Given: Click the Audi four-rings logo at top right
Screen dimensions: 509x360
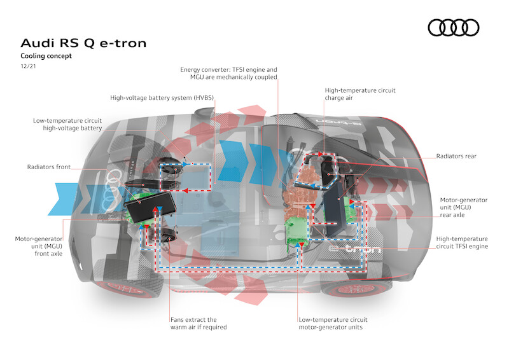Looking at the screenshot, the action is click(453, 27).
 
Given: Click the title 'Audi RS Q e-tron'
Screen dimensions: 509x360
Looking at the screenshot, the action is click(83, 43).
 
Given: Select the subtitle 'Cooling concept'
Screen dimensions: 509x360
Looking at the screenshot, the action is click(46, 56).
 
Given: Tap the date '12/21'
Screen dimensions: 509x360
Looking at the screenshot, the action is click(28, 66).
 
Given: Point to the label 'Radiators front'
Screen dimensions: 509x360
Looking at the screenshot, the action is click(49, 167).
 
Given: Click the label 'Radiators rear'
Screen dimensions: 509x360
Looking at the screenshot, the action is click(456, 156).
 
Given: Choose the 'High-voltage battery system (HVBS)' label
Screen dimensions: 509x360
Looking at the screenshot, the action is click(162, 98).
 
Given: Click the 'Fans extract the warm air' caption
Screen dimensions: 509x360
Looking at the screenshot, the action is click(199, 323).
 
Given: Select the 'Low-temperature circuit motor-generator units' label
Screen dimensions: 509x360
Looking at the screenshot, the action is click(333, 323).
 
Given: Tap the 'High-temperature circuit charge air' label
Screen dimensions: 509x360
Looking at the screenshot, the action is click(360, 94).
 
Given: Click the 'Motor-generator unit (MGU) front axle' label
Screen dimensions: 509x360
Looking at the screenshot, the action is click(39, 246).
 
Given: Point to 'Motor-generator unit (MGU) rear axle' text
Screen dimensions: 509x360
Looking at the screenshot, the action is click(464, 207).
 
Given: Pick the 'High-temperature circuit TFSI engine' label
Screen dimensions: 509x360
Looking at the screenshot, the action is click(462, 242).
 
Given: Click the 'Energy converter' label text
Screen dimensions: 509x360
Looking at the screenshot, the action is click(228, 73).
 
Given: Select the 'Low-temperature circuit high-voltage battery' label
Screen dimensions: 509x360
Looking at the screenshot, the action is click(67, 124).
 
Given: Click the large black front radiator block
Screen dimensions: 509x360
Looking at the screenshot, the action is click(150, 207).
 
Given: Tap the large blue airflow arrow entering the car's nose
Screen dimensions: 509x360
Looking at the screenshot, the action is click(63, 199).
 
